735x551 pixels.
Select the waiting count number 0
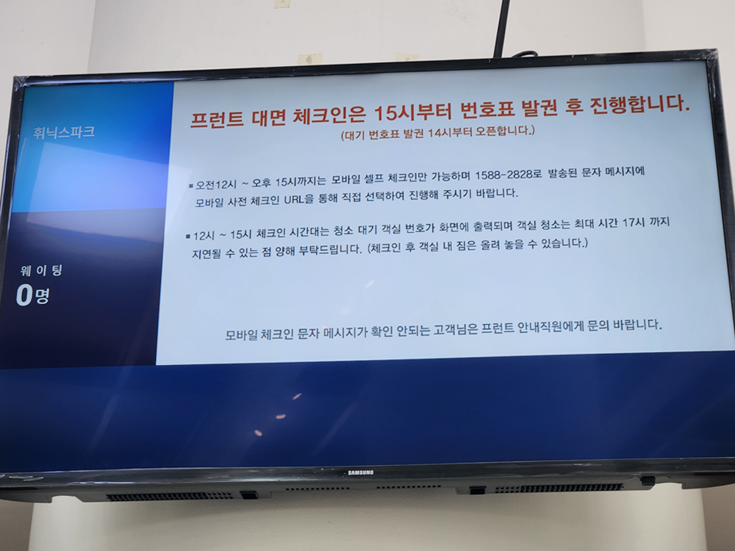[x=24, y=296]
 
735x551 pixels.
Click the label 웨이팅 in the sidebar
[x=41, y=271]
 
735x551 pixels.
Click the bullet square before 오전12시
[x=190, y=185]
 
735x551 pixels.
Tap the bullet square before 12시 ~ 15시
[x=187, y=237]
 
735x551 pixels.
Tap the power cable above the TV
[x=503, y=29]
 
